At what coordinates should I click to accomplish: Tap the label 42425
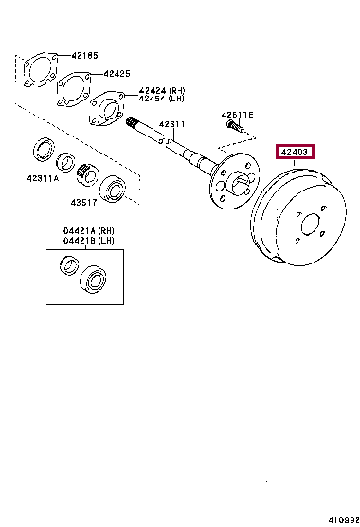pos(117,73)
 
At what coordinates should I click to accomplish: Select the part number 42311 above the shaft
pos(171,124)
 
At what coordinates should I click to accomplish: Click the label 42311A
pos(43,179)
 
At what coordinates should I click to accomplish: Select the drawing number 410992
pos(340,519)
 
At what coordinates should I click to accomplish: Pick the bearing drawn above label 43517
pos(116,187)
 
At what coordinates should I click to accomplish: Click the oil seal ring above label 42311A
pos(44,150)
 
